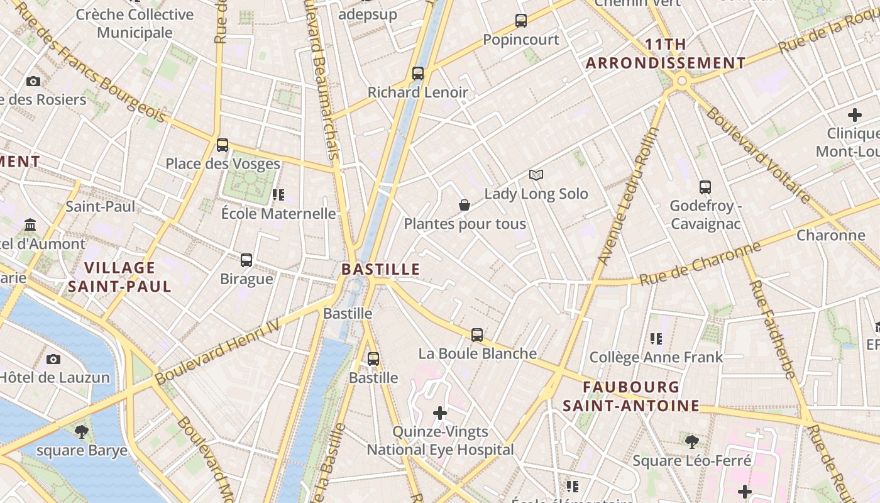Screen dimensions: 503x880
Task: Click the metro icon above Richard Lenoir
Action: tap(418, 74)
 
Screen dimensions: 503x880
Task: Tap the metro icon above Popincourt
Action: tap(521, 21)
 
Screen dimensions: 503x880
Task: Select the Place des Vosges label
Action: tap(223, 164)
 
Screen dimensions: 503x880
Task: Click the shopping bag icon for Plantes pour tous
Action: tap(465, 205)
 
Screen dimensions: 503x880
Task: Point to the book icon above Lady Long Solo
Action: tap(536, 175)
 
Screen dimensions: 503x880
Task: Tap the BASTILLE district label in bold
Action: tap(380, 270)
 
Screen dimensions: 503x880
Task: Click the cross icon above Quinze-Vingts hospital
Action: tap(440, 413)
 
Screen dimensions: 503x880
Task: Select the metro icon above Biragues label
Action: tap(246, 260)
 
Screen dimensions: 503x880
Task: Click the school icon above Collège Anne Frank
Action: tap(656, 339)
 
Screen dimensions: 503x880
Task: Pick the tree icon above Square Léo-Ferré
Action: tap(691, 442)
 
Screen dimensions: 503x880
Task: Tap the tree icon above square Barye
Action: tap(81, 432)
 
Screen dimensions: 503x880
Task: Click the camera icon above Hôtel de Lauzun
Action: tap(53, 359)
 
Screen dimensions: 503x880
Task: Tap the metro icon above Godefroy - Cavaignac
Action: tap(705, 187)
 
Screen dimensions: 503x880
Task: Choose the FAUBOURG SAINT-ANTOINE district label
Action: tap(631, 396)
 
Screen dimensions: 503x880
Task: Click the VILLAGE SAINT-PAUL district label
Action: tap(119, 277)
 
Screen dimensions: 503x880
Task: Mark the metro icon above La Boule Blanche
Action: tap(477, 335)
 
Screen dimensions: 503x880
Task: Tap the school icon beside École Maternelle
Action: tap(278, 195)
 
